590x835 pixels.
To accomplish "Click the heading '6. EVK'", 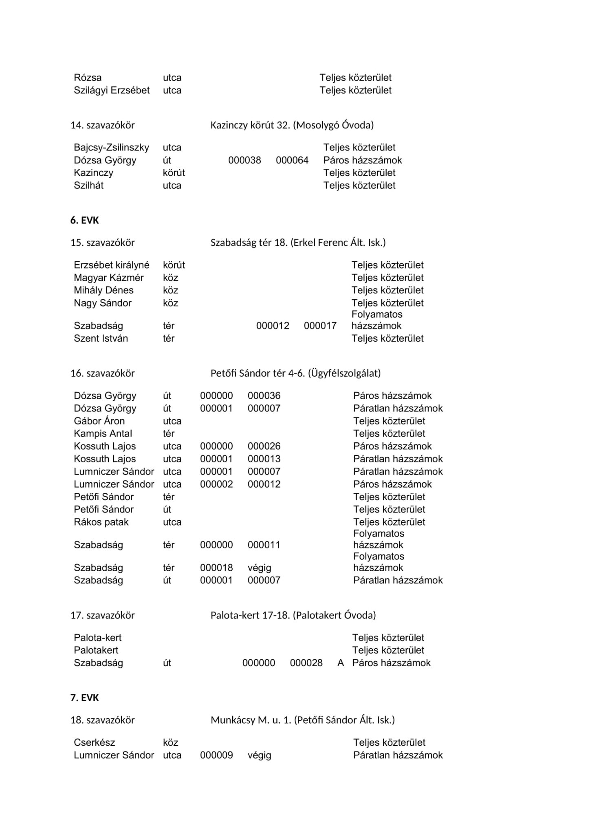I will click(x=85, y=221).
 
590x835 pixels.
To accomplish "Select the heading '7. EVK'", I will click(x=85, y=698).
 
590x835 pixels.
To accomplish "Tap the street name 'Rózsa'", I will click(x=88, y=78).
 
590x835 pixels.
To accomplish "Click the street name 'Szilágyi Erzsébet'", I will click(x=112, y=91).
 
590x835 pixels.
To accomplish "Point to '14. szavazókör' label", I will click(x=102, y=125).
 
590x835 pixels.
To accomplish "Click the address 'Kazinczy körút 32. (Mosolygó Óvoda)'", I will click(x=292, y=125).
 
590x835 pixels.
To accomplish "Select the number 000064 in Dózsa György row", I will click(x=292, y=160).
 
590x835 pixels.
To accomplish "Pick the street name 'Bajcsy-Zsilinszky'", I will click(x=111, y=148).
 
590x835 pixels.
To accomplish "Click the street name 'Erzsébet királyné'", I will click(x=111, y=265).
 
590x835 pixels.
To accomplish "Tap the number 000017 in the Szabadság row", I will click(x=320, y=326).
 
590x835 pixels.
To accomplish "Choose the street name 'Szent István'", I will click(x=101, y=338).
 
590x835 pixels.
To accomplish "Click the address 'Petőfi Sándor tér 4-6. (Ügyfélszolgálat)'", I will click(x=295, y=373).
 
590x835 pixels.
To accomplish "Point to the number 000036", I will click(x=264, y=396).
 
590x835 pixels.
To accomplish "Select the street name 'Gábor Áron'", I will click(x=99, y=421).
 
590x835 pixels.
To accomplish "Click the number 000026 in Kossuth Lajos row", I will click(x=264, y=446).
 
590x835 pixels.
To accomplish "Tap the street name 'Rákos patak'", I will click(x=101, y=522).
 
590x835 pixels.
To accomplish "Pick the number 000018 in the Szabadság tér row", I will click(x=216, y=568).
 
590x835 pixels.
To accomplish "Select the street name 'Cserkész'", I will click(x=95, y=742).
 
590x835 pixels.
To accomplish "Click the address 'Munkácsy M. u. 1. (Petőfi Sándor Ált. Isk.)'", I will click(x=302, y=720).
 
